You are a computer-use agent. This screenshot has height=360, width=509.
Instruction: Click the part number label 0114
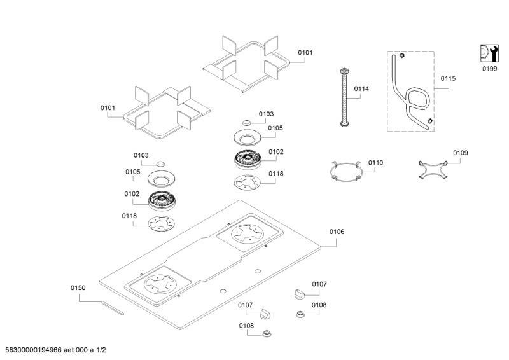click(361, 89)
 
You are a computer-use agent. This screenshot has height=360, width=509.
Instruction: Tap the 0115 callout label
click(448, 78)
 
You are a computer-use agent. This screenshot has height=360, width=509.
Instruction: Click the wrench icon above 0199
click(488, 54)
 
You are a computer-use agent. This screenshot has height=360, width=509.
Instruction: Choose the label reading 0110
click(375, 163)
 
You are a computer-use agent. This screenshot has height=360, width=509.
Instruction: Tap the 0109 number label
click(460, 153)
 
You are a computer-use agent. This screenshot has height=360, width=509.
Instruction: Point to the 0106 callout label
click(337, 232)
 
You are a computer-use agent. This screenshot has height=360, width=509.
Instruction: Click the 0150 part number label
click(78, 288)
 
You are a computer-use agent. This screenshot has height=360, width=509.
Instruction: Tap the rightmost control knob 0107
click(300, 293)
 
